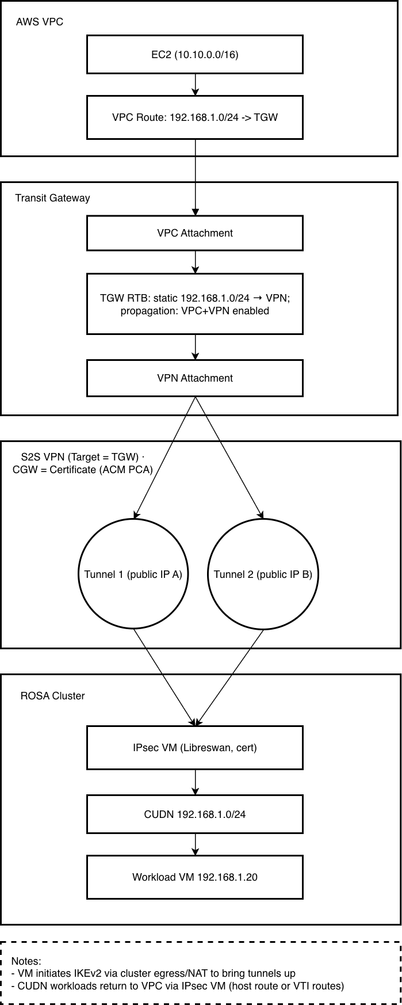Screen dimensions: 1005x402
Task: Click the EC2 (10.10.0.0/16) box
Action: tap(194, 55)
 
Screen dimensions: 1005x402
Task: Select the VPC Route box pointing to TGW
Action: tap(194, 117)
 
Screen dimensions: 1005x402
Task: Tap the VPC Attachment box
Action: tap(194, 233)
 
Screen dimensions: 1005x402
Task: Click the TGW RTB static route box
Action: tap(194, 304)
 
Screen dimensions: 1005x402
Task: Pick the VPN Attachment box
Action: tap(194, 378)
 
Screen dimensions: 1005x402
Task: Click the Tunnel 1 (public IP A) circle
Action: tap(133, 574)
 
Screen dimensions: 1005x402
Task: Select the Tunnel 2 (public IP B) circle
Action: tap(263, 574)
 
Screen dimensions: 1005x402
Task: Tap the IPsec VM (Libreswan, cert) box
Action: tap(194, 748)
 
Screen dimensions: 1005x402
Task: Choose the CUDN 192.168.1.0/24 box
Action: tap(194, 814)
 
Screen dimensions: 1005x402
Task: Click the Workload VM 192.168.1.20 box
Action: tap(194, 877)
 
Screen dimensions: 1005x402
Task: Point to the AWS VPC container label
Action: tap(39, 22)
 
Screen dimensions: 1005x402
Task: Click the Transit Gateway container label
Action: tap(52, 198)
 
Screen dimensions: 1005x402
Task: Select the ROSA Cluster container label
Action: tap(52, 696)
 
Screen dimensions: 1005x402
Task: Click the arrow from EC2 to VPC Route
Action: tap(196, 85)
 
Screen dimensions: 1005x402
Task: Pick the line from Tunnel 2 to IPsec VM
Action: tap(230, 677)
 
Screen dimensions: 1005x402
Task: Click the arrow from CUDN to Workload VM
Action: tap(196, 844)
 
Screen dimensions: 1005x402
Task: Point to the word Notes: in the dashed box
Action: tap(26, 962)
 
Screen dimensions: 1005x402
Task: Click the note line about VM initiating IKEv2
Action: tap(153, 973)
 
